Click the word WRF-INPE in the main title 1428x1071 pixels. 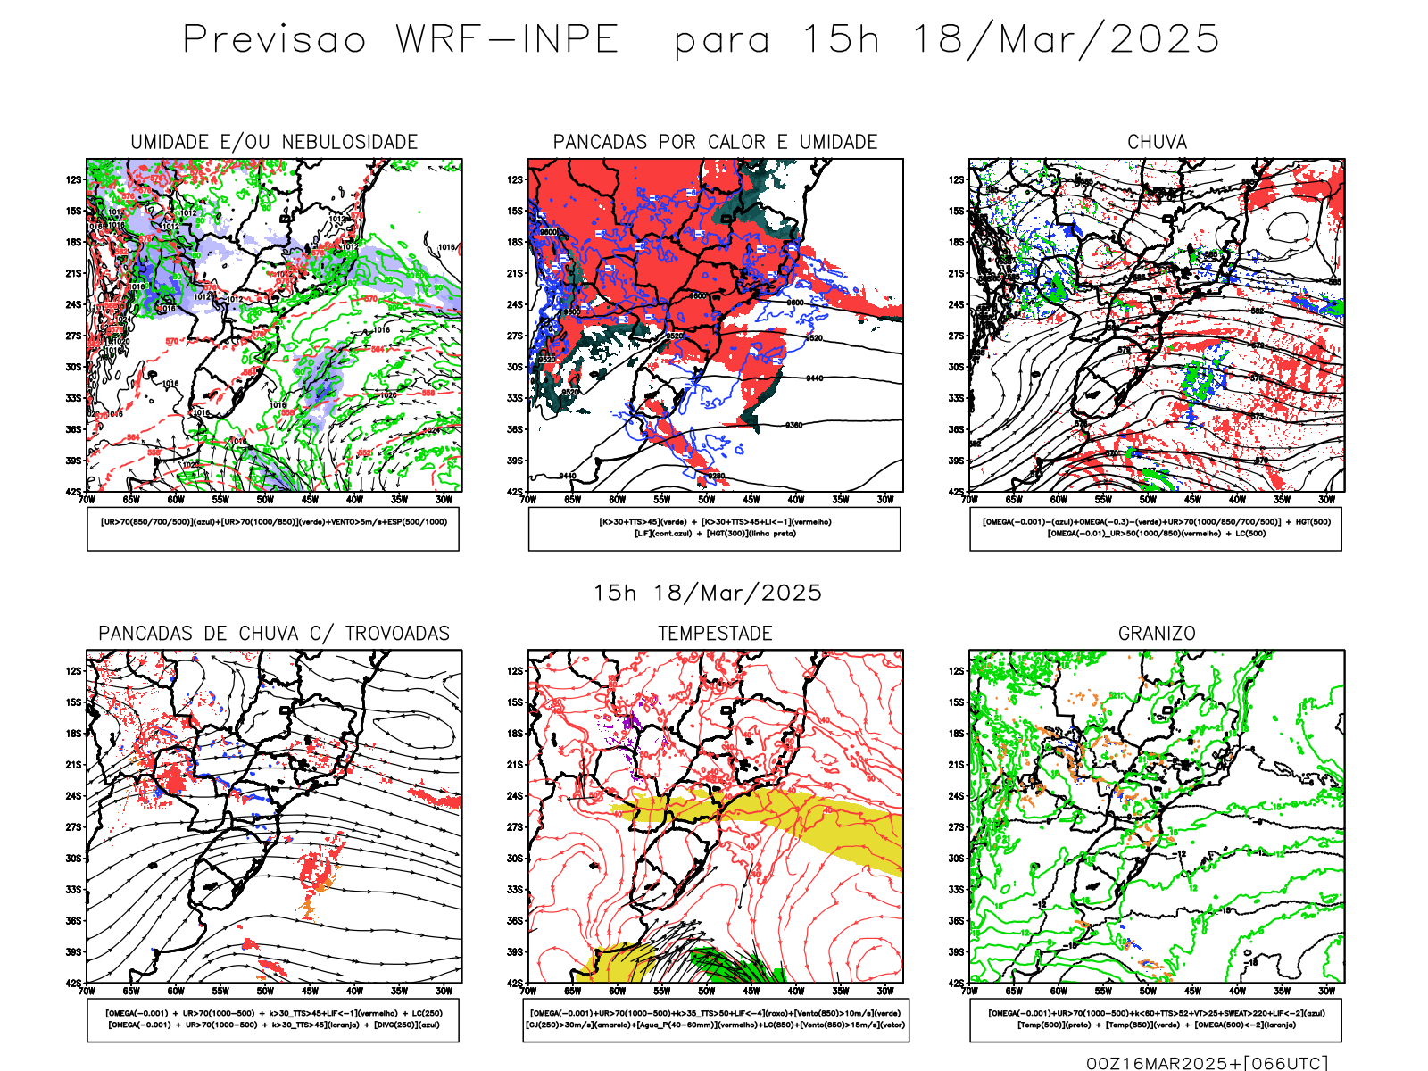(507, 40)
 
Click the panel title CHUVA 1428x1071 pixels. (1157, 143)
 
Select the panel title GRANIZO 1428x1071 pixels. (1157, 634)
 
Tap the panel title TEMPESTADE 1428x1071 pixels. (715, 634)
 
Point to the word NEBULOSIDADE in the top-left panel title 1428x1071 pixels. (350, 143)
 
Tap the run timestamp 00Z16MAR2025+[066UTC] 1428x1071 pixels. (1207, 1063)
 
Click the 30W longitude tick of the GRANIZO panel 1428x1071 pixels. (1327, 991)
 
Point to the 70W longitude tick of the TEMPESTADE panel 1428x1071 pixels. (528, 991)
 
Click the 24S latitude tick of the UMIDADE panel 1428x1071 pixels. (72, 305)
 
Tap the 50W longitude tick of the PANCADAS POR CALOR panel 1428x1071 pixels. (706, 500)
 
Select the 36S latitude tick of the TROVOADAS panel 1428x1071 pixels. (72, 921)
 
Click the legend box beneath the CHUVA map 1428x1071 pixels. (1156, 528)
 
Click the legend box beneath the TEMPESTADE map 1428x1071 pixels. (715, 1019)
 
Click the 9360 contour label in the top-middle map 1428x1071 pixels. (793, 426)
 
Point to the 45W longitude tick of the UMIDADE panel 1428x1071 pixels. (310, 500)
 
